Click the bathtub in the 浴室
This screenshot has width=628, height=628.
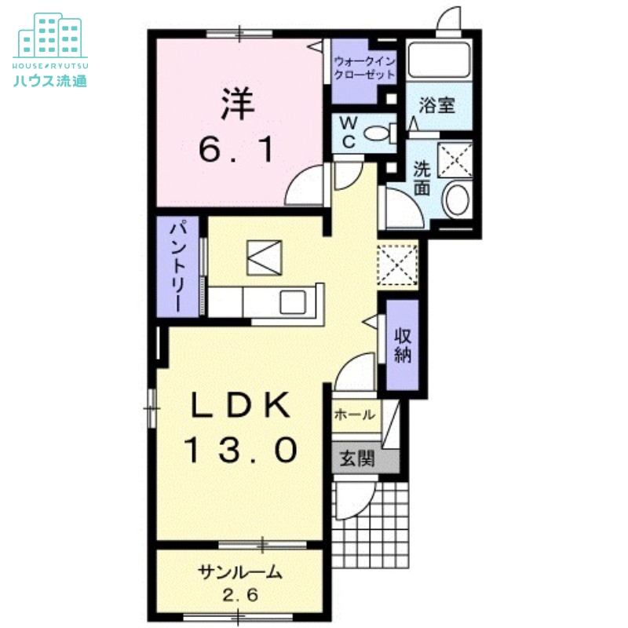(x=439, y=60)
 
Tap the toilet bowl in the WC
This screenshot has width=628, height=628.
(x=380, y=133)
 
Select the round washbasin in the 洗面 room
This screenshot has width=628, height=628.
(x=457, y=199)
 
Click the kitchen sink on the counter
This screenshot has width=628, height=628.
(x=293, y=302)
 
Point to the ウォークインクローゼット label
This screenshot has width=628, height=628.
(x=364, y=68)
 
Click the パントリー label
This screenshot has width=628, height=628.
(x=177, y=266)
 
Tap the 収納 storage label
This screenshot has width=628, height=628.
(x=403, y=345)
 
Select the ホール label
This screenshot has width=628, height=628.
(x=355, y=414)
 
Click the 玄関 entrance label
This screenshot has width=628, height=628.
(x=357, y=458)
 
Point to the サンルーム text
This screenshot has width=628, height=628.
(x=240, y=572)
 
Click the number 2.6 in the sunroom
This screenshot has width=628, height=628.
(x=240, y=595)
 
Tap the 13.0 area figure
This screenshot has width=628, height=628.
(x=241, y=449)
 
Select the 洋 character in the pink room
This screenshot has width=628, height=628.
(x=238, y=104)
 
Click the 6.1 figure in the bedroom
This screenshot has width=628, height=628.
(x=237, y=149)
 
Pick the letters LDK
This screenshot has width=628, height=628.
(x=240, y=405)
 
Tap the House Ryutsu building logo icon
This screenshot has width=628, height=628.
(x=50, y=35)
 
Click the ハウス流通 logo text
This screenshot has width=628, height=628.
(x=50, y=81)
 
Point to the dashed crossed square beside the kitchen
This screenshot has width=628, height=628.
(x=398, y=265)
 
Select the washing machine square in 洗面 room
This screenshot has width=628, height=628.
(x=455, y=160)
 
